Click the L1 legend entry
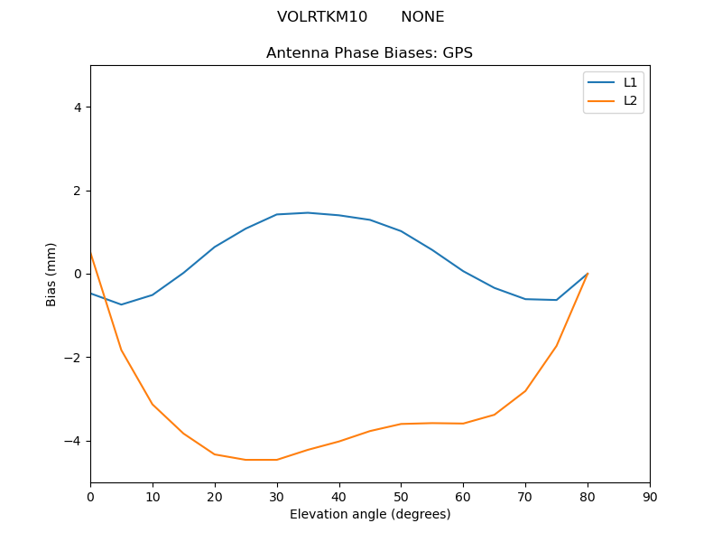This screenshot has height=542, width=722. (x=630, y=82)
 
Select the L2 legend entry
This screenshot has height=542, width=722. (x=630, y=100)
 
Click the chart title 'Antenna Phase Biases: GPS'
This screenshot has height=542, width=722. (x=369, y=53)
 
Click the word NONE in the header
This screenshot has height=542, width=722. (x=422, y=17)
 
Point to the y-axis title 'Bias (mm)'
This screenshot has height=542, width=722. (x=51, y=274)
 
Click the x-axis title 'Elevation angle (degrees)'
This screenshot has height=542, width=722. (x=370, y=515)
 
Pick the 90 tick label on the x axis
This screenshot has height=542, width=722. (x=650, y=497)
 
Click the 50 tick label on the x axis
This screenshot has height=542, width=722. (x=401, y=497)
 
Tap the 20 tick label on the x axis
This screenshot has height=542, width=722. (x=215, y=497)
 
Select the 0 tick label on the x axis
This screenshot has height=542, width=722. (x=90, y=497)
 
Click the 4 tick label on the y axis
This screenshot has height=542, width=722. (x=77, y=107)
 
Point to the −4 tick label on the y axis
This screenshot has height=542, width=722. (x=73, y=441)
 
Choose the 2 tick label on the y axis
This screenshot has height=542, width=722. (x=77, y=191)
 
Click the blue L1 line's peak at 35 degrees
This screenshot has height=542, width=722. (x=308, y=212)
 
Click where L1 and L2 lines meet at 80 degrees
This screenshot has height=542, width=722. (x=588, y=274)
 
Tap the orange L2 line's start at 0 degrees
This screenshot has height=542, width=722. (x=91, y=254)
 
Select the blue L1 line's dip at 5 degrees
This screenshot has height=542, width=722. (x=121, y=304)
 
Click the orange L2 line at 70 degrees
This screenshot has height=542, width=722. (x=525, y=391)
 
